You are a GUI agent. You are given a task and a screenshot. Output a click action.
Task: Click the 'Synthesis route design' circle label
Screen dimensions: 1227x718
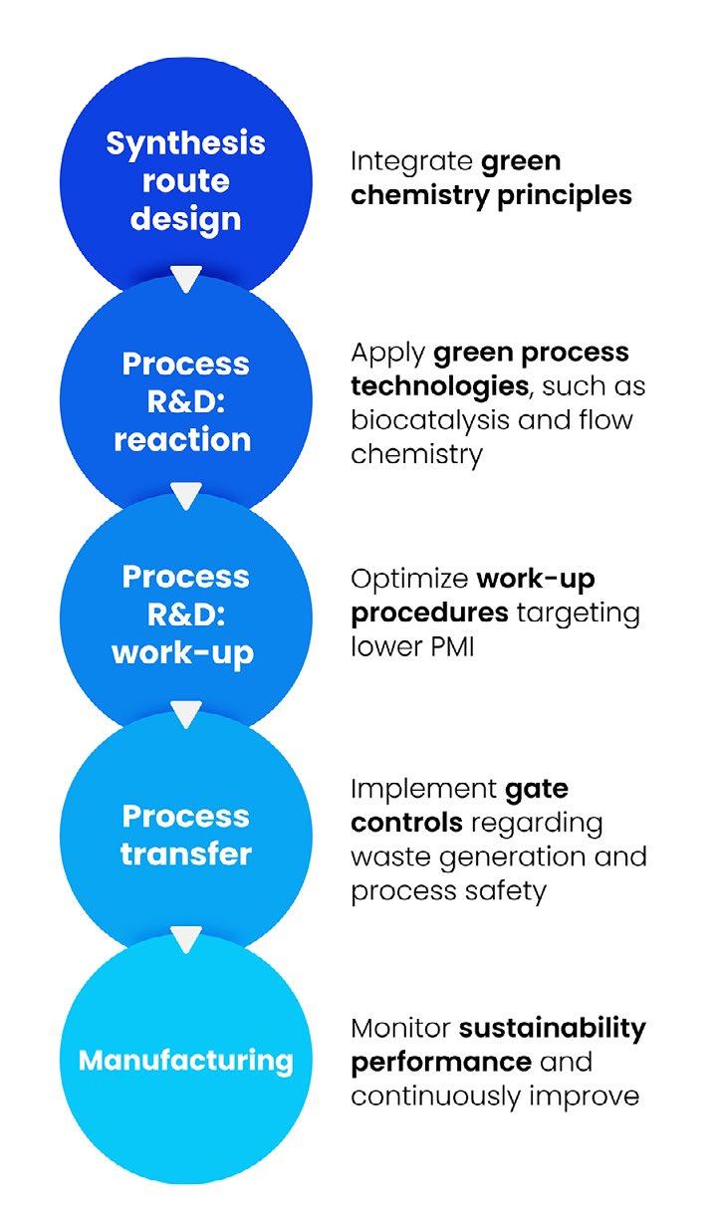[x=186, y=180]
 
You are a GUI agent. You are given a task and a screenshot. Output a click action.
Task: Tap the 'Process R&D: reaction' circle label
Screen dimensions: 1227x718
[x=186, y=401]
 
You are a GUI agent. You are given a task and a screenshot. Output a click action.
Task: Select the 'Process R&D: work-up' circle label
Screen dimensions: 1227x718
[x=186, y=614]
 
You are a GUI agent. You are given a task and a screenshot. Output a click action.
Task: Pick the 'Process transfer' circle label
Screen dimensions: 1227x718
[x=186, y=835]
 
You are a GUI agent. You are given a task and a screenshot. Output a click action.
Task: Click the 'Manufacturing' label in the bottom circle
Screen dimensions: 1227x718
[x=186, y=1060]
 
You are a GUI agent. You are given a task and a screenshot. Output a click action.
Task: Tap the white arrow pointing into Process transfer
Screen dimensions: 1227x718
[x=186, y=714]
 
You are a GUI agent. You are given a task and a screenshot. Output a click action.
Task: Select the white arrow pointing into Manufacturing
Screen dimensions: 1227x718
[x=186, y=938]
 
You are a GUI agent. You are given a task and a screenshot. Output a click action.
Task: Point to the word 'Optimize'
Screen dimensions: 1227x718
[x=409, y=579]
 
